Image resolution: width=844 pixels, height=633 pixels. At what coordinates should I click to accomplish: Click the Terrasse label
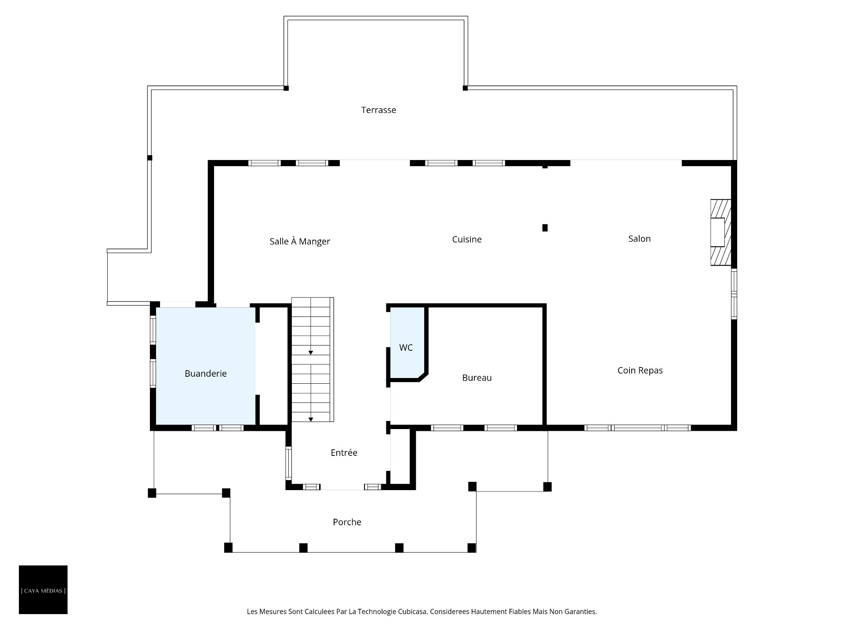pos(378,110)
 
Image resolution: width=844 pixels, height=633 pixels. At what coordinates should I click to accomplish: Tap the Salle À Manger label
pos(300,241)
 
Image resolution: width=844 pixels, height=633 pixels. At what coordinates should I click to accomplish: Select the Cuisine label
pos(467,239)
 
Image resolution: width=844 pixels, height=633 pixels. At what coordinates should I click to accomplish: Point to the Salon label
pos(639,239)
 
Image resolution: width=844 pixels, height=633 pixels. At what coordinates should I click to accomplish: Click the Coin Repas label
pos(640,371)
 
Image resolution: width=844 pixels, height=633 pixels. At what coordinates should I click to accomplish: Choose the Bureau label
pos(477,378)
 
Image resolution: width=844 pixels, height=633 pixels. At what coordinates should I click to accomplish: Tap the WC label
pos(406,348)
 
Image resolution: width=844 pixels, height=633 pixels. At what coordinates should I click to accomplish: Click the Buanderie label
pos(206,374)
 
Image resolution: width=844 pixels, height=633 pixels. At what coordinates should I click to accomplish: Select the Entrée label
pos(344,453)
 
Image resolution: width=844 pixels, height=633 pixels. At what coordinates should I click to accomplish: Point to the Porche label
pos(347,522)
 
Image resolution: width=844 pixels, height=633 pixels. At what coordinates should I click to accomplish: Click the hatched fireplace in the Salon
pos(721,233)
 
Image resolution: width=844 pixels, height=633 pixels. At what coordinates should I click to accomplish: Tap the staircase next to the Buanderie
pos(313,360)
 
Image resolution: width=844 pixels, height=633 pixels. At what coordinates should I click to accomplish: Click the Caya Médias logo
pos(43,589)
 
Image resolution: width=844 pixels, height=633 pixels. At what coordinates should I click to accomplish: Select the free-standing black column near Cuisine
pos(545,228)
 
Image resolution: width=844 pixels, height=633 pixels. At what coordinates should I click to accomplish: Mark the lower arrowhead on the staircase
pos(311,419)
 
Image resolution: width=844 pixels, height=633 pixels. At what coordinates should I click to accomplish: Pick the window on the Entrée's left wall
pos(288,463)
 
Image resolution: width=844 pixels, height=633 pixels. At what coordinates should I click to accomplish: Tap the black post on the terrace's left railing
pos(149,158)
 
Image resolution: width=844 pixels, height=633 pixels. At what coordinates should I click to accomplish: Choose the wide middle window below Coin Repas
pos(637,428)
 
